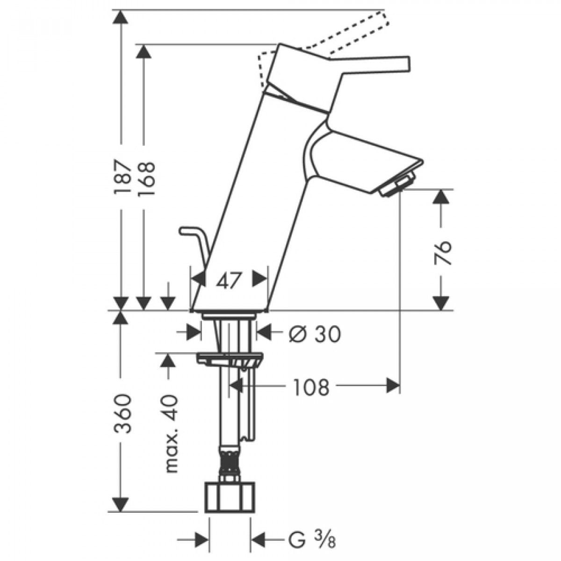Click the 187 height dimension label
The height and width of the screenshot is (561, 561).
[x=121, y=177]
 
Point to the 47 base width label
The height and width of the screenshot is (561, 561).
[x=229, y=281]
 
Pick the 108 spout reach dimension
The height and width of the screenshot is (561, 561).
[x=311, y=387]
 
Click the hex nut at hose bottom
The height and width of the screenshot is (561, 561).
[x=230, y=497]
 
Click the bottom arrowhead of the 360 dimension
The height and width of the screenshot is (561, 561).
[x=121, y=504]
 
